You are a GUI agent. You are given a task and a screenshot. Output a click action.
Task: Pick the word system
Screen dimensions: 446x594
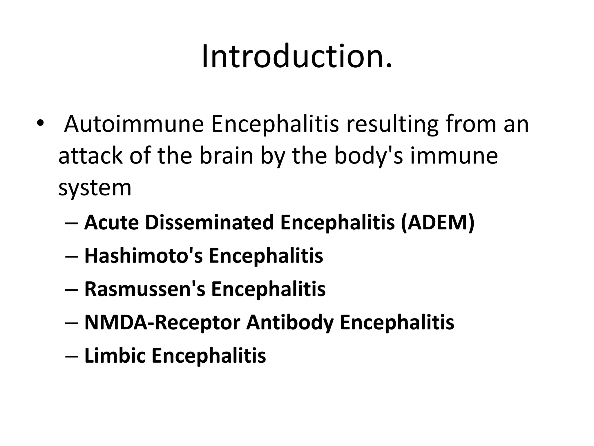pyautogui.click(x=95, y=188)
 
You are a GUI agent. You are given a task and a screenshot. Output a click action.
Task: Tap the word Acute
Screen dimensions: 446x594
pyautogui.click(x=111, y=222)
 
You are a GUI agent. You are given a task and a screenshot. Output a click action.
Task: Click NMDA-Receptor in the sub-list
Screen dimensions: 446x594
pyautogui.click(x=162, y=322)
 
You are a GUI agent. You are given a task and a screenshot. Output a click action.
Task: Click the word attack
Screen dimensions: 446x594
pyautogui.click(x=90, y=156)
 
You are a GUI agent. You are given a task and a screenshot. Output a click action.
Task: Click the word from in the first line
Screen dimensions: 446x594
pyautogui.click(x=471, y=124)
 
